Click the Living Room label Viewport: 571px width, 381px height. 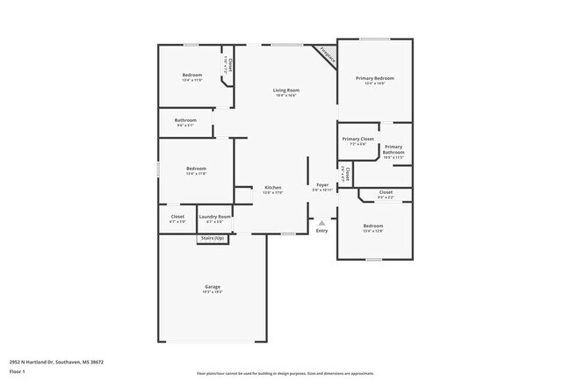click(x=286, y=90)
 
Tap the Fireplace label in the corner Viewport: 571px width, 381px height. click(x=326, y=54)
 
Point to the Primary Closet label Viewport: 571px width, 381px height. click(x=358, y=139)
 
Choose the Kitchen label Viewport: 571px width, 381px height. click(x=273, y=188)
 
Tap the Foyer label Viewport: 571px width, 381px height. click(x=322, y=185)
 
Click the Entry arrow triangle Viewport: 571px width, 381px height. click(x=322, y=223)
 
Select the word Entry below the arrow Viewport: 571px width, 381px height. click(x=322, y=231)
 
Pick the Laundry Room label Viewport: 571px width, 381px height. click(x=214, y=216)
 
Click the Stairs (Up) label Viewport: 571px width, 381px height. click(x=213, y=238)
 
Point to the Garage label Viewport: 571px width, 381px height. click(x=213, y=286)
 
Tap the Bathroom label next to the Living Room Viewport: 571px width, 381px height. click(x=185, y=120)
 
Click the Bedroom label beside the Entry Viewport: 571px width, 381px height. click(x=373, y=226)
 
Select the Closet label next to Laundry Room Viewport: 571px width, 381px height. click(x=177, y=216)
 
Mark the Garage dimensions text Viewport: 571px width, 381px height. click(x=213, y=291)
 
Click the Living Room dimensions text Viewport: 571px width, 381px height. click(x=286, y=96)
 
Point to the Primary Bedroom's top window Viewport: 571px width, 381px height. click(x=375, y=39)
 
